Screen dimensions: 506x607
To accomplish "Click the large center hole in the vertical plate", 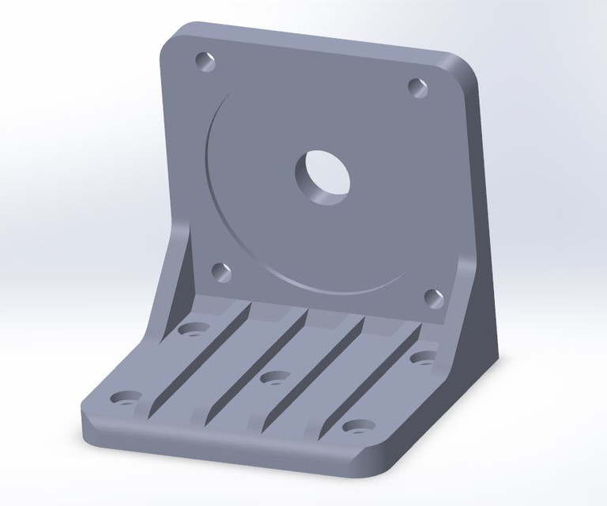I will (322, 175).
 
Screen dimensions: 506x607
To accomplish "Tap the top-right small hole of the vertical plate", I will (417, 87).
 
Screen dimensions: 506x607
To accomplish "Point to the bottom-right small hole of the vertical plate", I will (433, 297).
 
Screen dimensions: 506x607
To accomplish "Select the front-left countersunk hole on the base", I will (125, 398).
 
